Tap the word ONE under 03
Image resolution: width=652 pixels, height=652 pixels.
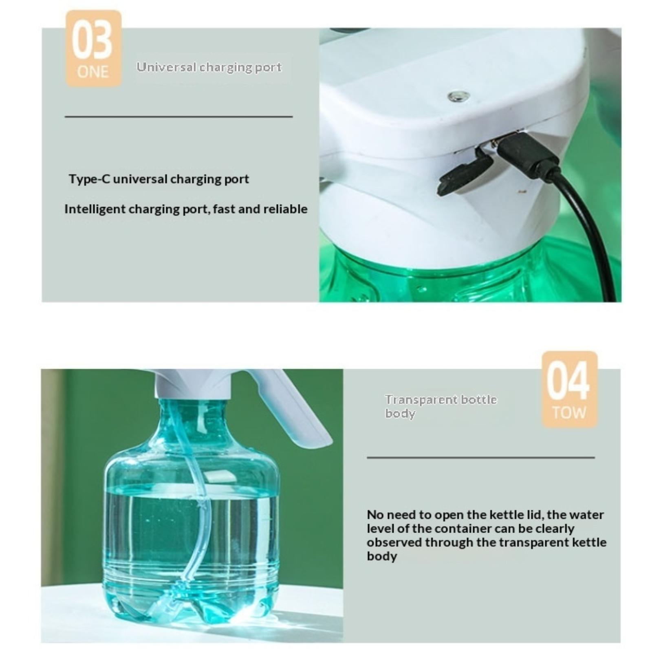coord(93,72)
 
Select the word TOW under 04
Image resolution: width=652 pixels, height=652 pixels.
coord(569,413)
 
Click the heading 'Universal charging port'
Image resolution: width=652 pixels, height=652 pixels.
coord(209,67)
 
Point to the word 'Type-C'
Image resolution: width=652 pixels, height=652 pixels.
coord(89,179)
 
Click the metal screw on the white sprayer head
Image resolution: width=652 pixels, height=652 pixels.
coord(458,97)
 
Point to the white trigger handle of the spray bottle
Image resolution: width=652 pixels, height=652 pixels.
coord(291,403)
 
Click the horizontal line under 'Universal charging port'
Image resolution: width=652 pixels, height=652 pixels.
coord(178,117)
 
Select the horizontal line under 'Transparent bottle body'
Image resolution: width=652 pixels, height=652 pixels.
coord(481,457)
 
